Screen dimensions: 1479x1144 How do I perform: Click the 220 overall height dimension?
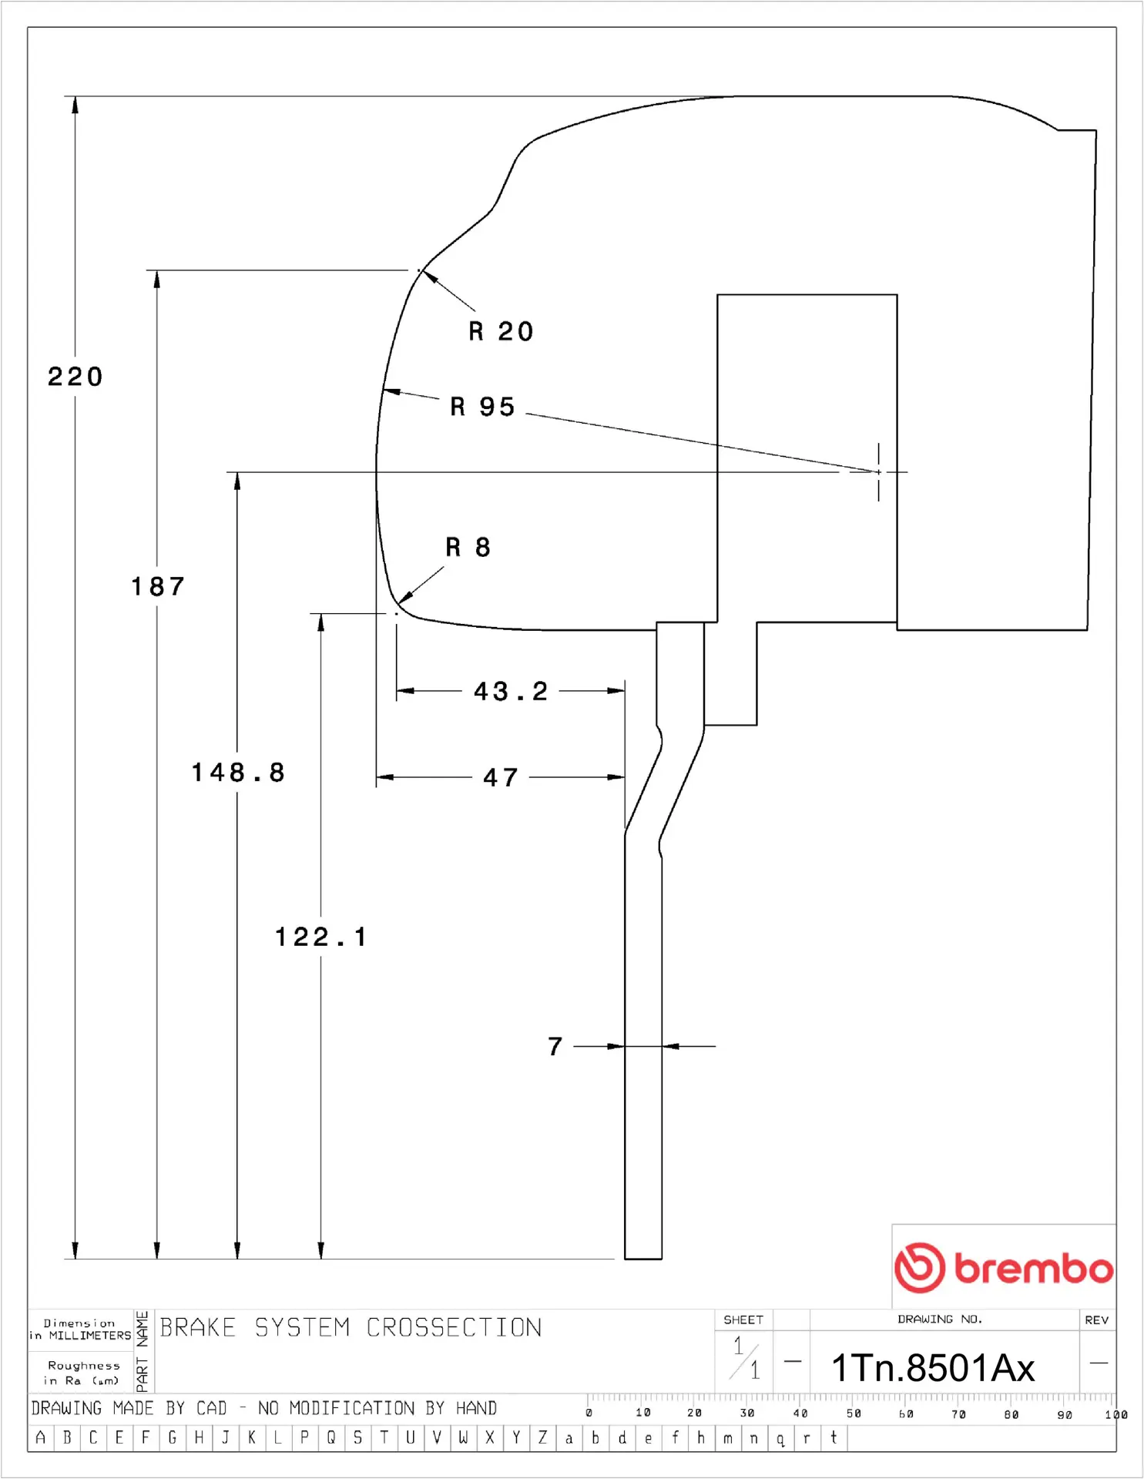(x=75, y=377)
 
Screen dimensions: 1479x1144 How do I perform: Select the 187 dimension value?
(x=158, y=587)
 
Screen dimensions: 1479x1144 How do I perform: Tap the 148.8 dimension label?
(x=238, y=773)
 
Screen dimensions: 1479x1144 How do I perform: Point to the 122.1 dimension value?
(x=321, y=937)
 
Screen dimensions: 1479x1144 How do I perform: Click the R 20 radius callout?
(x=501, y=332)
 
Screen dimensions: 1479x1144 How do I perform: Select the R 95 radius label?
(x=482, y=407)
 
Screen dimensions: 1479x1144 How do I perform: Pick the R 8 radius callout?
(x=468, y=548)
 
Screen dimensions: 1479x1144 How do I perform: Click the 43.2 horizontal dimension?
(x=511, y=692)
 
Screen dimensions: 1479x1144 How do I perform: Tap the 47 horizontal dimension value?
(x=501, y=777)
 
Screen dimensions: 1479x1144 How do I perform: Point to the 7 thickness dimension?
(x=555, y=1046)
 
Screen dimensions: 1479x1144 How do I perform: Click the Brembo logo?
(x=1003, y=1267)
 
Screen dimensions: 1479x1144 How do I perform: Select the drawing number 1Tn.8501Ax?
(x=933, y=1369)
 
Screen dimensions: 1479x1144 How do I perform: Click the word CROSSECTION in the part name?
(x=454, y=1328)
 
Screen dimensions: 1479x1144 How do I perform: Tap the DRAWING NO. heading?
(x=939, y=1320)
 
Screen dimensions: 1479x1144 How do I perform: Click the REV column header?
(x=1096, y=1320)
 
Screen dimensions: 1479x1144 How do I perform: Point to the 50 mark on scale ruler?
(x=854, y=1414)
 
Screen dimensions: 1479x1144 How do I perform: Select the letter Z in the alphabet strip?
(x=542, y=1437)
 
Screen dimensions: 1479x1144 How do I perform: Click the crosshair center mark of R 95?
(x=878, y=472)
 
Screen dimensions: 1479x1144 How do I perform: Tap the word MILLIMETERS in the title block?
(x=90, y=1336)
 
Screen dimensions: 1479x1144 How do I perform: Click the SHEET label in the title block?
(x=743, y=1320)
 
